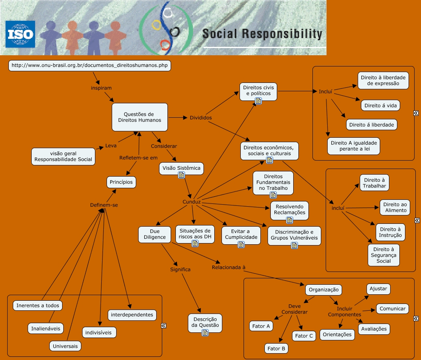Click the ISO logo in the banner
20,34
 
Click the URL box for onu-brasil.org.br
90,65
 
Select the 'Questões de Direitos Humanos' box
139,117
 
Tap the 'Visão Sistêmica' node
181,168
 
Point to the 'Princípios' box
121,182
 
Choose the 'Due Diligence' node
152,234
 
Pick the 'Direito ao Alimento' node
396,207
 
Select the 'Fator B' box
276,348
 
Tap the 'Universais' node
65,346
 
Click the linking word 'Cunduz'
191,202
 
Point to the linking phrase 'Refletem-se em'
139,158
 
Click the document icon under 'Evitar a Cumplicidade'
241,244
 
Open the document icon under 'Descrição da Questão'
205,332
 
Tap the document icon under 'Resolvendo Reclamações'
289,220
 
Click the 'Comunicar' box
393,309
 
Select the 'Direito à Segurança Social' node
383,255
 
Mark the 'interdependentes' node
132,315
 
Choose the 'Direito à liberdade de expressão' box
383,80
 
